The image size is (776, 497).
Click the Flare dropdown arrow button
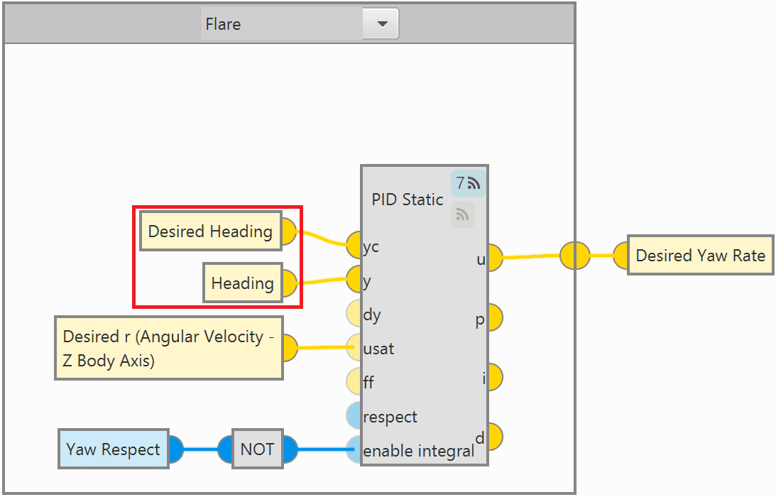(x=382, y=24)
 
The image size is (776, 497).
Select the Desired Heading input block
(x=210, y=231)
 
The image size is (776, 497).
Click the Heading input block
(x=242, y=283)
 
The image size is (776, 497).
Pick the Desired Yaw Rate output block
(x=700, y=256)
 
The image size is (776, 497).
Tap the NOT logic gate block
(x=257, y=449)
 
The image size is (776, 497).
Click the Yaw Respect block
(x=113, y=449)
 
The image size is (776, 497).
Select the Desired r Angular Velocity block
(x=168, y=348)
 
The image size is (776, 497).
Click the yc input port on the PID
(x=354, y=245)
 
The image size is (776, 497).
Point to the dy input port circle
(x=354, y=314)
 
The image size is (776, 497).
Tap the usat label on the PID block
(x=378, y=349)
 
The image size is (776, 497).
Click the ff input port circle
(x=354, y=381)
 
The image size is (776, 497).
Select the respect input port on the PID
(x=354, y=415)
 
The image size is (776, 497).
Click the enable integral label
(x=418, y=451)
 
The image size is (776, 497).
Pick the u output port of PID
(x=493, y=258)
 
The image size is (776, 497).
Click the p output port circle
(x=493, y=318)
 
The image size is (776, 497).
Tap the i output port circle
(x=493, y=377)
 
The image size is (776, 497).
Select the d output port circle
(x=493, y=437)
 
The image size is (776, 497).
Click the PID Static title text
(x=408, y=200)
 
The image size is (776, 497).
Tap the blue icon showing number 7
(x=468, y=183)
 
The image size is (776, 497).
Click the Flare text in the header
(x=223, y=24)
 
